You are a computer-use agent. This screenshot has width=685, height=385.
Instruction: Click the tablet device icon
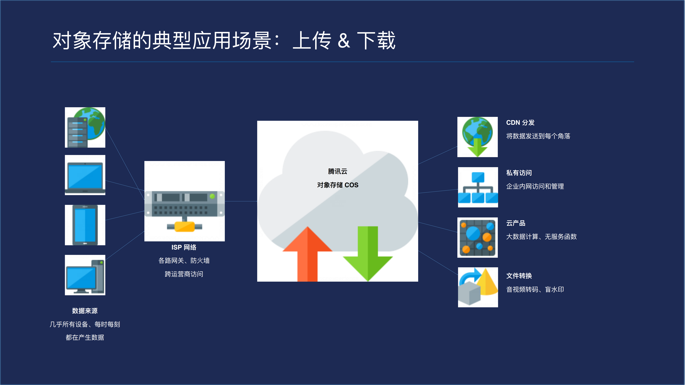pyautogui.click(x=85, y=225)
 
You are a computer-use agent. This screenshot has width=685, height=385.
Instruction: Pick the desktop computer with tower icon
pyautogui.click(x=85, y=275)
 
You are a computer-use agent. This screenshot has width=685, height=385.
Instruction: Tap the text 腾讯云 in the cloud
pyautogui.click(x=337, y=171)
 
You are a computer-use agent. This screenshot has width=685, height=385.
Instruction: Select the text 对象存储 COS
pyautogui.click(x=337, y=185)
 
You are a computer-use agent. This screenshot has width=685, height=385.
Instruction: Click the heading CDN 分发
pyautogui.click(x=520, y=122)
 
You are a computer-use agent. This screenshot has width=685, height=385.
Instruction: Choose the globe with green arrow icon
pyautogui.click(x=477, y=137)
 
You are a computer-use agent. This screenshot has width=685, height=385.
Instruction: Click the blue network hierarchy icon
pyautogui.click(x=478, y=187)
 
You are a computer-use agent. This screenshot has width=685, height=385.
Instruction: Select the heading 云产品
pyautogui.click(x=516, y=223)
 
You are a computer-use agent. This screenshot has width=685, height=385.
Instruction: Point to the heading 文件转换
pyautogui.click(x=519, y=276)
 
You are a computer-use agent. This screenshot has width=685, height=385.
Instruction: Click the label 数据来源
pyautogui.click(x=85, y=311)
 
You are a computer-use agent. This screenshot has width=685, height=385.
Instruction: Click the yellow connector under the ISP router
pyautogui.click(x=185, y=227)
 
